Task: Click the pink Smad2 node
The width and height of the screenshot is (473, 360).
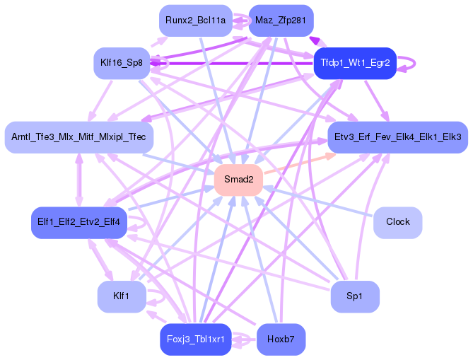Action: click(238, 180)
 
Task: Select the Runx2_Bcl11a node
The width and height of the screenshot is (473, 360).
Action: click(195, 21)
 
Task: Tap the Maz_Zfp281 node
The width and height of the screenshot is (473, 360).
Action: click(281, 21)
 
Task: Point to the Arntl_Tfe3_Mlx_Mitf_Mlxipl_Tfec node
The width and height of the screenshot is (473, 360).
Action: click(78, 136)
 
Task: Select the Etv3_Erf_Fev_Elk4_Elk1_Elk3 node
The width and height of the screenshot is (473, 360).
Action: click(397, 136)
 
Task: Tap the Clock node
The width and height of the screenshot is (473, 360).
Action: click(397, 221)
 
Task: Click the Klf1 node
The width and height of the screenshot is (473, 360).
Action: click(121, 295)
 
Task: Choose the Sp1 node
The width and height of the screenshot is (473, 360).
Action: click(355, 296)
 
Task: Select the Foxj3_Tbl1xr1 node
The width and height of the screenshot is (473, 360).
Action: click(195, 339)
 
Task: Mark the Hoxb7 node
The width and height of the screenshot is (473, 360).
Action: click(281, 339)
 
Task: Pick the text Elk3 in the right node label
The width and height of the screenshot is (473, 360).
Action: click(450, 136)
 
